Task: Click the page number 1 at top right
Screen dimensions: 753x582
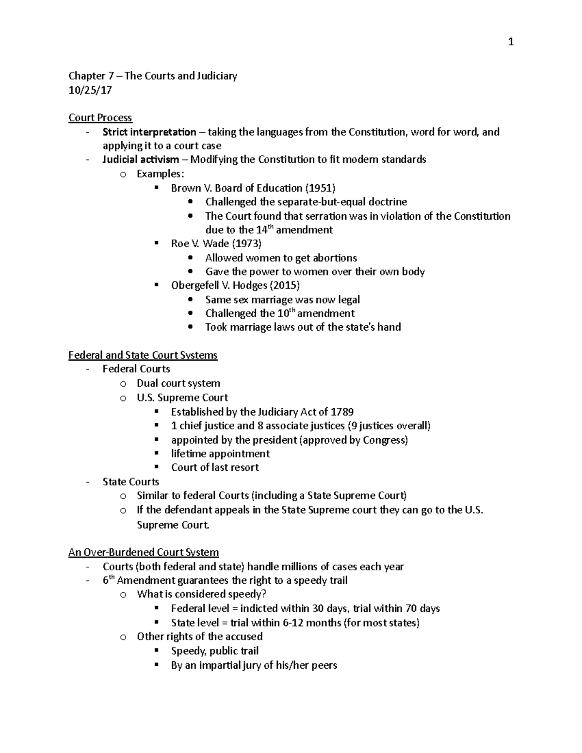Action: click(510, 42)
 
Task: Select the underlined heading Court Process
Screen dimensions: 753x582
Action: click(100, 118)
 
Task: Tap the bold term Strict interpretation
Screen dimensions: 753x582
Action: click(149, 132)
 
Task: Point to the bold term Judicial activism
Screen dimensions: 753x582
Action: click(141, 160)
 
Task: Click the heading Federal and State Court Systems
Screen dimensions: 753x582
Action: click(143, 355)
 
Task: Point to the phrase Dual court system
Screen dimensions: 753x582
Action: click(178, 384)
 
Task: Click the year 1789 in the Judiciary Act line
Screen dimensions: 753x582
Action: click(342, 412)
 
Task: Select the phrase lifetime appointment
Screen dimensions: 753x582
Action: click(220, 454)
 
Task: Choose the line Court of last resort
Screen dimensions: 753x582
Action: click(215, 468)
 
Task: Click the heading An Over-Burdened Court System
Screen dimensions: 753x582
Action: click(144, 552)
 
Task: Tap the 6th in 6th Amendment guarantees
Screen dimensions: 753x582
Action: click(108, 580)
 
